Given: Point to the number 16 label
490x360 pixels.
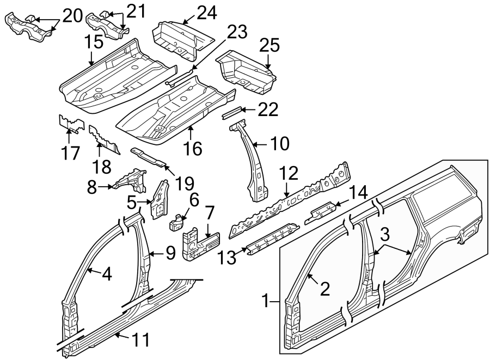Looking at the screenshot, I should tap(193, 148).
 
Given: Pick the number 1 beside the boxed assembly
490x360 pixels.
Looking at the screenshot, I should tap(266, 300).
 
